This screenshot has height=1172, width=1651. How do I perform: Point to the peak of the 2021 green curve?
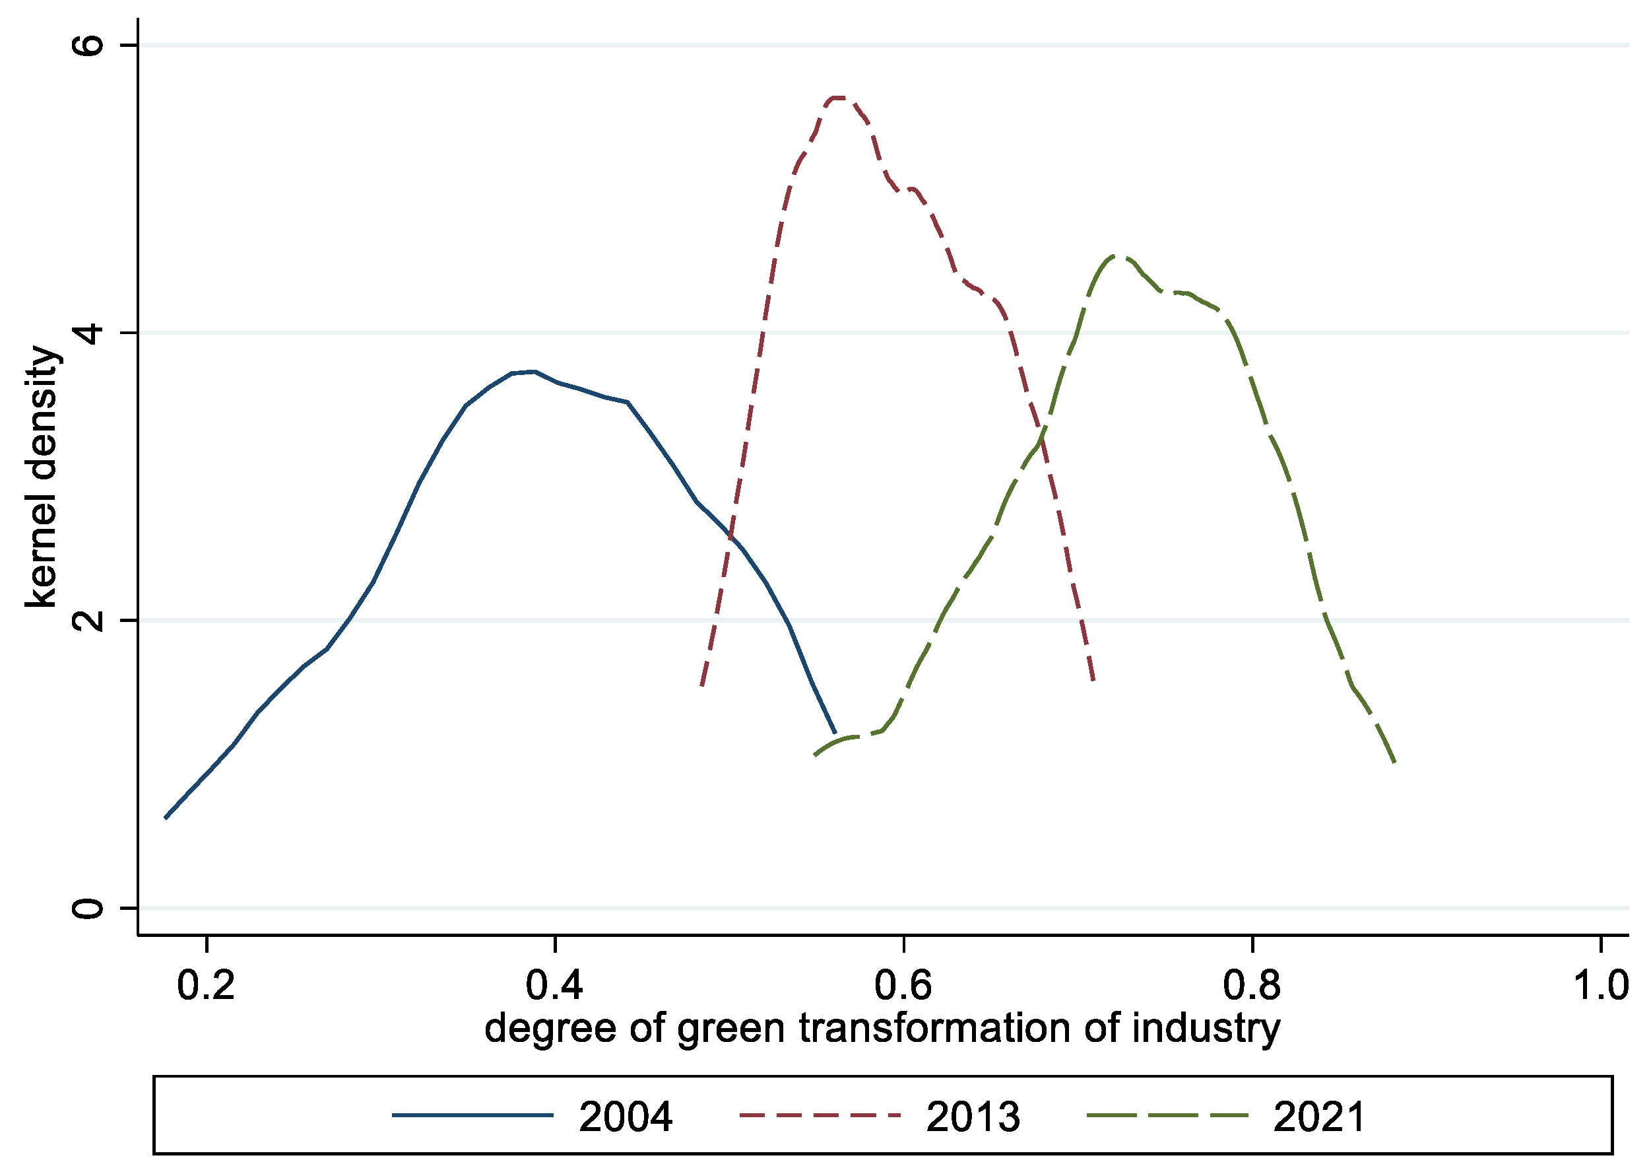(x=1116, y=256)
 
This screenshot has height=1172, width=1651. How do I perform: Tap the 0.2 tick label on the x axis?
(x=207, y=986)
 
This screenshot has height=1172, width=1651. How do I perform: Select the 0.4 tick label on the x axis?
(x=554, y=986)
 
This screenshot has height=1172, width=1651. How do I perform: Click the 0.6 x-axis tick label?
(x=903, y=986)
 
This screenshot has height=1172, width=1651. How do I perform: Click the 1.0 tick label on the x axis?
(x=1600, y=986)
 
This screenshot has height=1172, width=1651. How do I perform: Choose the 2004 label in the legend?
(x=626, y=1117)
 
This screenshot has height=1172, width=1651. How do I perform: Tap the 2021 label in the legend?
(x=1319, y=1117)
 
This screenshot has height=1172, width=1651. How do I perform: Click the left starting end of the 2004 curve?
(x=166, y=817)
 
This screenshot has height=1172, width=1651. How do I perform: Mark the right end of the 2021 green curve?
(x=1395, y=762)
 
